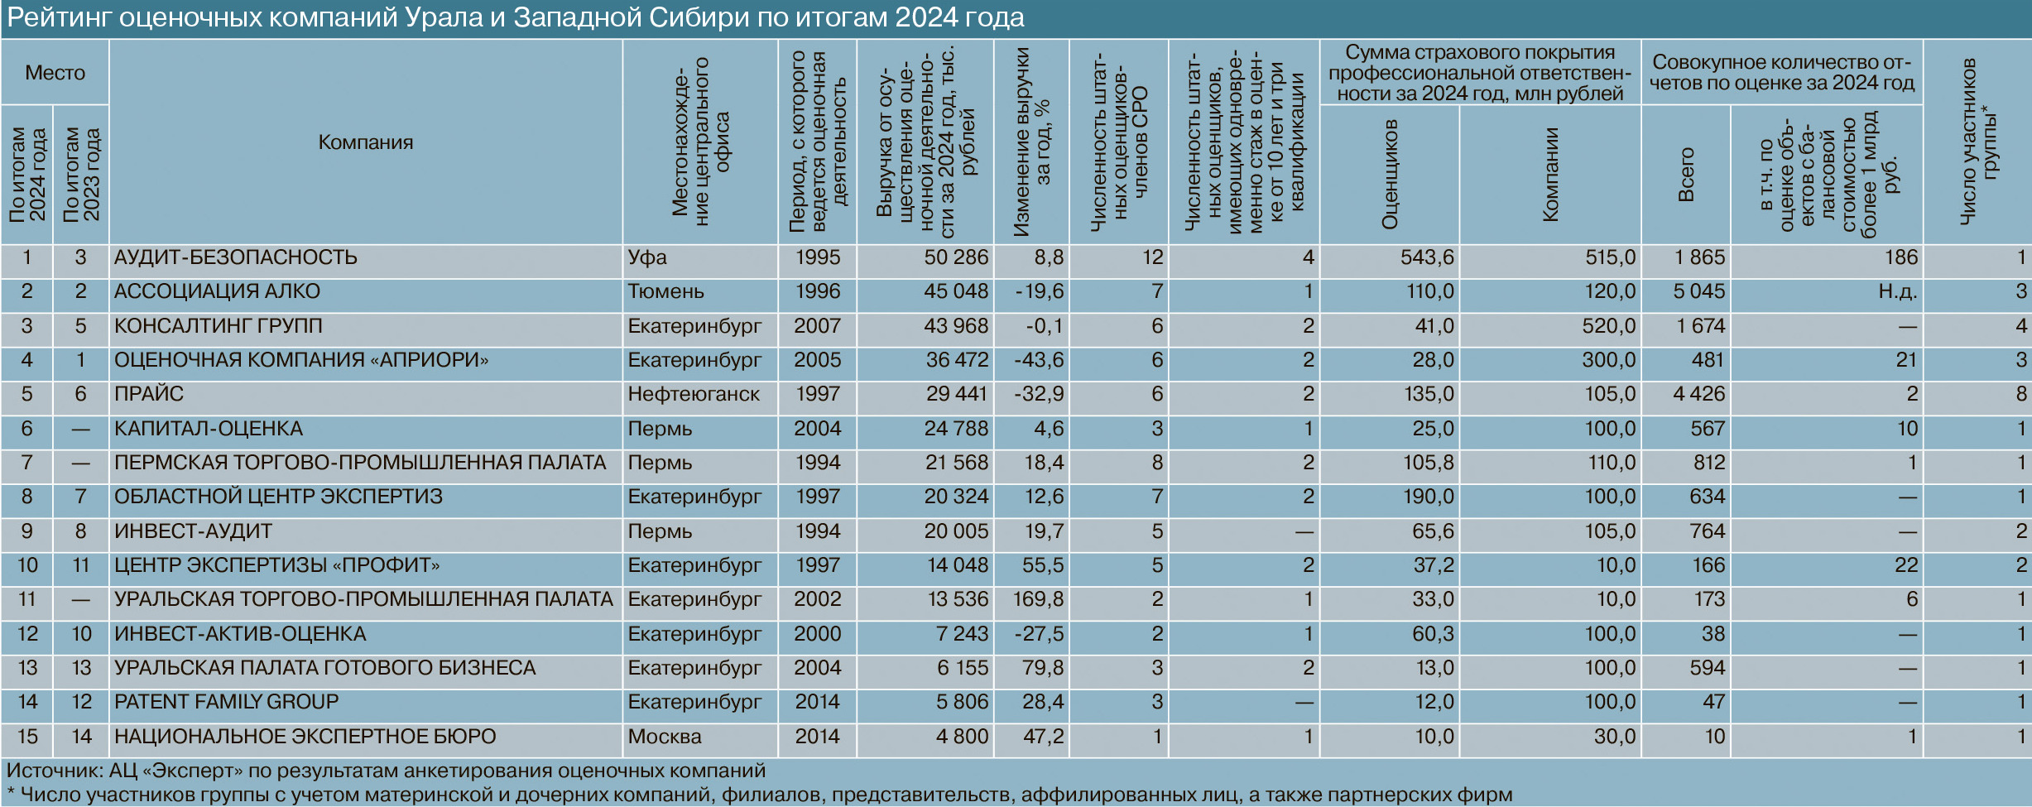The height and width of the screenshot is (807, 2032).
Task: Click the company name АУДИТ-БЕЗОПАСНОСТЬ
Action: point(236,257)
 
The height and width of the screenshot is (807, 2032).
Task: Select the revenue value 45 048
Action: point(956,291)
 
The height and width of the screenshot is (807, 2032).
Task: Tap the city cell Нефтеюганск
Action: point(693,394)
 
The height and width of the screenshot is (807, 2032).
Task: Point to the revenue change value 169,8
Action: point(1038,599)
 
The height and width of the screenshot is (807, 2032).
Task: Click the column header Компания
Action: point(365,142)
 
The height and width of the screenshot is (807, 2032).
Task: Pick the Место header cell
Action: point(55,73)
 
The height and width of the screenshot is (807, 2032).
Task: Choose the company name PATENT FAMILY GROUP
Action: point(226,702)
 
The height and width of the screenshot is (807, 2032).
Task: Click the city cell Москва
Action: point(664,737)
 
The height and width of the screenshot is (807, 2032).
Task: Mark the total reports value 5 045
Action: point(1698,291)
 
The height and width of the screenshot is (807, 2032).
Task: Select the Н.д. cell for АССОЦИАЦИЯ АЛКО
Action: point(1897,291)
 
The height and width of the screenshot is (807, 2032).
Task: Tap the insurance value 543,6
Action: point(1426,257)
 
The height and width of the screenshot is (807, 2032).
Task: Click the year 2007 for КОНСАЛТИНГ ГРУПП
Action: point(817,326)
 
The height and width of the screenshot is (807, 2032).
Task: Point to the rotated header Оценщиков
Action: point(1390,175)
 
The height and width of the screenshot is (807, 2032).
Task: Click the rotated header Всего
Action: point(1686,175)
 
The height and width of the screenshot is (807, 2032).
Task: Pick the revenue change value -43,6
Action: point(1039,360)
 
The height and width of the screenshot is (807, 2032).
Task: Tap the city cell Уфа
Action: point(646,257)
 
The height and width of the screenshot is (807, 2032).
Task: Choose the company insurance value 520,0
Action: point(1609,326)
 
